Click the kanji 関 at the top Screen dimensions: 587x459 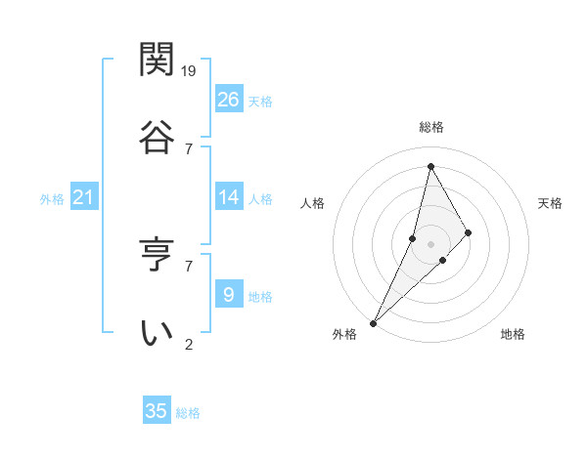coord(157,60)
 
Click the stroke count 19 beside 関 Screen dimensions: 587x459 coord(190,70)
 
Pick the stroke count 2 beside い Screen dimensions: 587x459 coord(189,344)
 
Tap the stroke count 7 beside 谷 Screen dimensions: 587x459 coord(189,148)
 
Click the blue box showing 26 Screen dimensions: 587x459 coord(229,100)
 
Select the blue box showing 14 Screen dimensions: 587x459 coord(229,197)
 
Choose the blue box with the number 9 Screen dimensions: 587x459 coord(229,295)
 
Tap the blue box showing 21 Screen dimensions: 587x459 coord(84,198)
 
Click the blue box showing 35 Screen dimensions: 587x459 coord(157,411)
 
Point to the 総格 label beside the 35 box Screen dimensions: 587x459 coord(188,413)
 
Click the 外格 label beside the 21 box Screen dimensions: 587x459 coord(52,199)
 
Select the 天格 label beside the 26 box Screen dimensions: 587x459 coord(260,102)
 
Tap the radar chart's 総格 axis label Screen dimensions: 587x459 coord(431,127)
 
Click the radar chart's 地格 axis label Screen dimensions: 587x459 coord(513,334)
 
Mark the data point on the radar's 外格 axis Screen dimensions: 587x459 coord(373,322)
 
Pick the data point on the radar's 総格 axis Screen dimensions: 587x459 coord(430,165)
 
